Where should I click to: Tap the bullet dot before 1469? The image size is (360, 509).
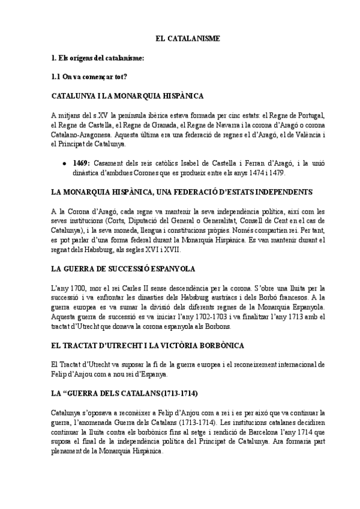pyautogui.click(x=65, y=163)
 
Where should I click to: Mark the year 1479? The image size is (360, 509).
pyautogui.click(x=274, y=173)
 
